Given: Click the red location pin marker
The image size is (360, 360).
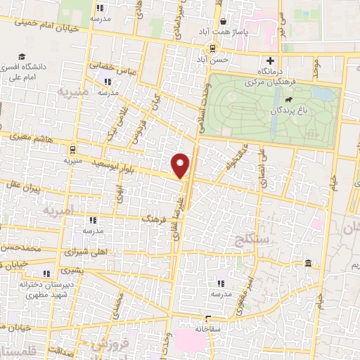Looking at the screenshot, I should [x=181, y=165].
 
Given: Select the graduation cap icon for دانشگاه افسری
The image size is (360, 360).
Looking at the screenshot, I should [x=22, y=56].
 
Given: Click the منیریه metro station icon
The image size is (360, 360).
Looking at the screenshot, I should [x=72, y=149].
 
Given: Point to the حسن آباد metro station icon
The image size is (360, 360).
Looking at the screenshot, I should [x=211, y=48].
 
